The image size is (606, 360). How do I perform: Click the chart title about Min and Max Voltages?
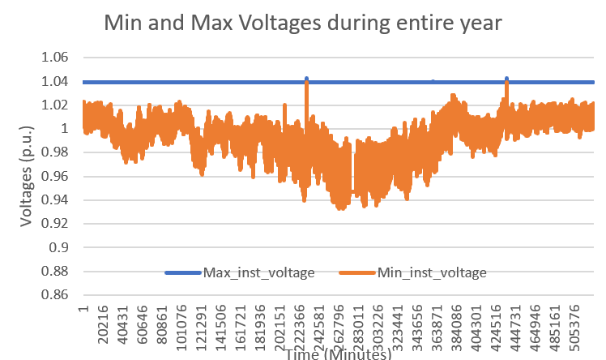(x=304, y=24)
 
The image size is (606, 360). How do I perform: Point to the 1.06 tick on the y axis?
(x=56, y=58)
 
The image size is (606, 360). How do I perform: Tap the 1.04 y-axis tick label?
(x=56, y=81)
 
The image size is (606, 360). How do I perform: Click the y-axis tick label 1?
(x=64, y=128)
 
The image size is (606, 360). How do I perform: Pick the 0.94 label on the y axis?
(x=56, y=199)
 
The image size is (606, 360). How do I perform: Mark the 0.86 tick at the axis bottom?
(x=56, y=294)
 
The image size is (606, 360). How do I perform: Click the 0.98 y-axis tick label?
(x=56, y=152)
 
